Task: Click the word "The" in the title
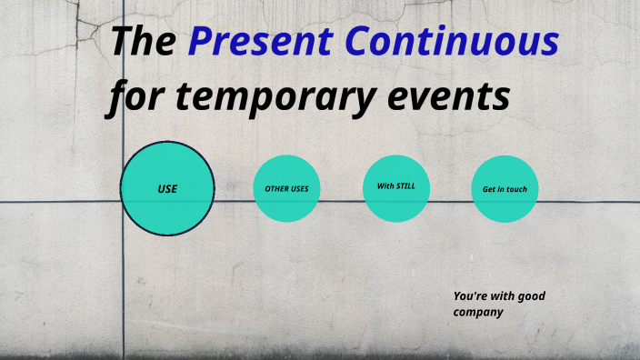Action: pyautogui.click(x=142, y=41)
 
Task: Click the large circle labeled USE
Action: pyautogui.click(x=167, y=189)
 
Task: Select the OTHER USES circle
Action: pyautogui.click(x=286, y=189)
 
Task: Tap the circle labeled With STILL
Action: pyautogui.click(x=395, y=189)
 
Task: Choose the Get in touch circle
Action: pyautogui.click(x=505, y=189)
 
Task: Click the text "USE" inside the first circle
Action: pyautogui.click(x=167, y=189)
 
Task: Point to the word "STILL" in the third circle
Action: pyautogui.click(x=405, y=186)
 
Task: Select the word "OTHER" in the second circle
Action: pyautogui.click(x=276, y=189)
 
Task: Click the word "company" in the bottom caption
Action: pyautogui.click(x=478, y=313)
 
